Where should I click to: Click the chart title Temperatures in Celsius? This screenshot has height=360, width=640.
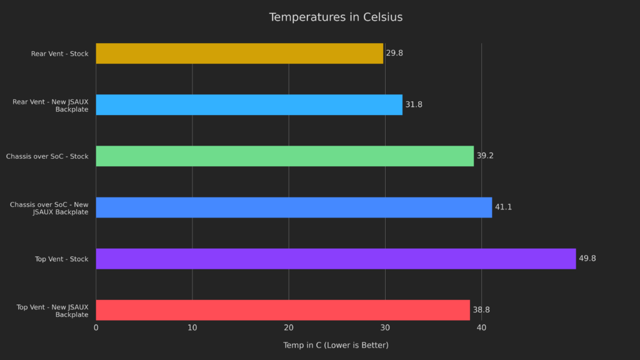(x=336, y=17)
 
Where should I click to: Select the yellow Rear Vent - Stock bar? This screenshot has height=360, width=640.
(x=239, y=54)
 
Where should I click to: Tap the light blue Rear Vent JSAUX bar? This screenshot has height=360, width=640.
(x=249, y=105)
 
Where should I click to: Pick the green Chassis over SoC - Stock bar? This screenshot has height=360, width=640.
(x=284, y=156)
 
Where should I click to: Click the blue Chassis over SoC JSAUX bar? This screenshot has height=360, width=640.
(x=294, y=207)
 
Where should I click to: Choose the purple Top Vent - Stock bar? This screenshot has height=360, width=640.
(x=336, y=259)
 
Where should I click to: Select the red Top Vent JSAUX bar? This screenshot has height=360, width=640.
(x=282, y=310)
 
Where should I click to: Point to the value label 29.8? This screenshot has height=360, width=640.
(x=394, y=54)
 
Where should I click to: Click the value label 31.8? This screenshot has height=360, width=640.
(x=414, y=105)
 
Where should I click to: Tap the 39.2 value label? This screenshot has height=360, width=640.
(x=485, y=156)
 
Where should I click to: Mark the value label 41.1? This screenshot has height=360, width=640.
(x=503, y=207)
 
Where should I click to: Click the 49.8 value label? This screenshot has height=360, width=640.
(x=587, y=259)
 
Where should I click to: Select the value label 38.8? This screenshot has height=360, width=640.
(x=481, y=310)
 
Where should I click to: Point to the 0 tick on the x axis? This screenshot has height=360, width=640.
(x=96, y=328)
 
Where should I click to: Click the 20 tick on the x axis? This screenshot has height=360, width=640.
(x=289, y=328)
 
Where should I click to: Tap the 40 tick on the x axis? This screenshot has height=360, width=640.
(x=481, y=328)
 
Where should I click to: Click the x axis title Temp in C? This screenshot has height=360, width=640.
(x=336, y=346)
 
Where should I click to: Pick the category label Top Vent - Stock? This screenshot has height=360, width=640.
(x=61, y=259)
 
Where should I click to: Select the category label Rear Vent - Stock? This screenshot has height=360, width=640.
(x=59, y=54)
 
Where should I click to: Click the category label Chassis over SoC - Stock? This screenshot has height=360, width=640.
(x=47, y=156)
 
